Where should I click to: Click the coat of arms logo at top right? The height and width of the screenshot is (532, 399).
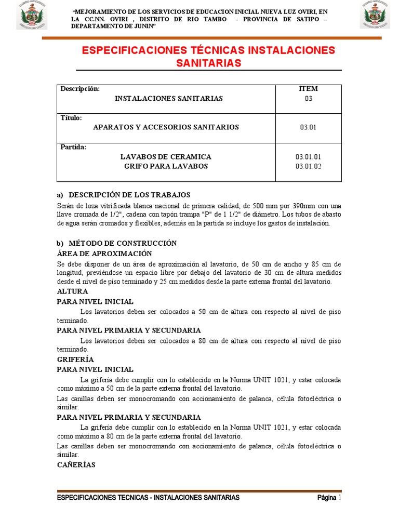tap(375, 15)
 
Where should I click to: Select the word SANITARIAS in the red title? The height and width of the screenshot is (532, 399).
tap(208, 63)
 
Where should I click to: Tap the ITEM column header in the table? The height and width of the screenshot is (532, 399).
tap(308, 89)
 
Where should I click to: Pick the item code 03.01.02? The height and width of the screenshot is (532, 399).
tap(309, 166)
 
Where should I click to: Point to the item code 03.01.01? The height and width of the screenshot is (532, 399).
tap(309, 156)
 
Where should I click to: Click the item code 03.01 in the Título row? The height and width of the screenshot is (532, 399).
tap(308, 127)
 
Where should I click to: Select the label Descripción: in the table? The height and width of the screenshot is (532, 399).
tap(79, 89)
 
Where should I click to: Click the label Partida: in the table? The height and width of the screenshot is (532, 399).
tap(73, 147)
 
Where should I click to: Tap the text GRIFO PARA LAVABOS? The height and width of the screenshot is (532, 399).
tap(166, 166)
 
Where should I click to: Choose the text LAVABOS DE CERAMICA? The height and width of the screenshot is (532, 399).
tap(166, 156)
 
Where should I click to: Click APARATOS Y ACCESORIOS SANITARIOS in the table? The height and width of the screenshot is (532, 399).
tap(166, 127)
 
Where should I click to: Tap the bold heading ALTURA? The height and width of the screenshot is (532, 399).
tap(72, 291)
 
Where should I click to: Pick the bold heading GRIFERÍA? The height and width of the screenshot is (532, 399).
tap(75, 359)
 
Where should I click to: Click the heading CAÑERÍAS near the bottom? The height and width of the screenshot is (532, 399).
tap(76, 465)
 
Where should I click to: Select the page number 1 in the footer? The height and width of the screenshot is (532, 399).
tap(340, 498)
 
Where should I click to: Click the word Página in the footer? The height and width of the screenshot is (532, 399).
tap(327, 498)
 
